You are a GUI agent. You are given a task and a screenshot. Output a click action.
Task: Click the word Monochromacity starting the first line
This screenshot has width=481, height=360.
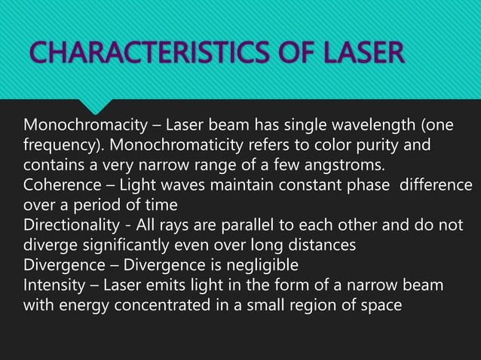tap(75, 124)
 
